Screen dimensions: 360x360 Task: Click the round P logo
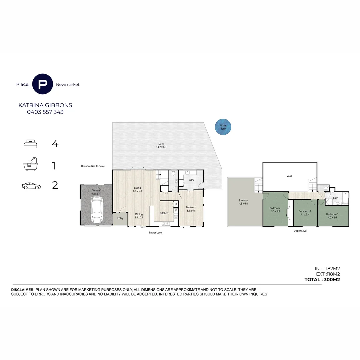coord(42,84)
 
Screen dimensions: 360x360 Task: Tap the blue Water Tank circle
coord(223,127)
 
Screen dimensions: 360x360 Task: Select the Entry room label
coord(120,218)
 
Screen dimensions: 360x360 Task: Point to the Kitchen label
coord(164,213)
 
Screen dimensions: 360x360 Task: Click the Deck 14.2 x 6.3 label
coord(161,145)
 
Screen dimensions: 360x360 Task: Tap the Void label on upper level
coord(289,176)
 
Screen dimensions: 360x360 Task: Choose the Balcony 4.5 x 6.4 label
coord(243,202)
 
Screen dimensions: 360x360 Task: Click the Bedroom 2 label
coord(305,213)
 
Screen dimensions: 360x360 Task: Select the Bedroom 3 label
coord(332,216)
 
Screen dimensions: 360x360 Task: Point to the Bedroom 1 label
coord(276,210)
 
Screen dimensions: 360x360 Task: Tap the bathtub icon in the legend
coord(30,164)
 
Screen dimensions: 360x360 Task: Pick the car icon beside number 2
coord(31,186)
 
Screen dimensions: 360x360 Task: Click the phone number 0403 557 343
coord(45,112)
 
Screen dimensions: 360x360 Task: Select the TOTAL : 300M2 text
coord(322,280)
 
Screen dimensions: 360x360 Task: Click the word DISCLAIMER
coord(23,290)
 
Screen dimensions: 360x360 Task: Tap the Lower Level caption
coord(156,233)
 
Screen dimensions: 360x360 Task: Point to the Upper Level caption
coord(300,231)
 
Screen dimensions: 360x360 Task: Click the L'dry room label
coord(191,180)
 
